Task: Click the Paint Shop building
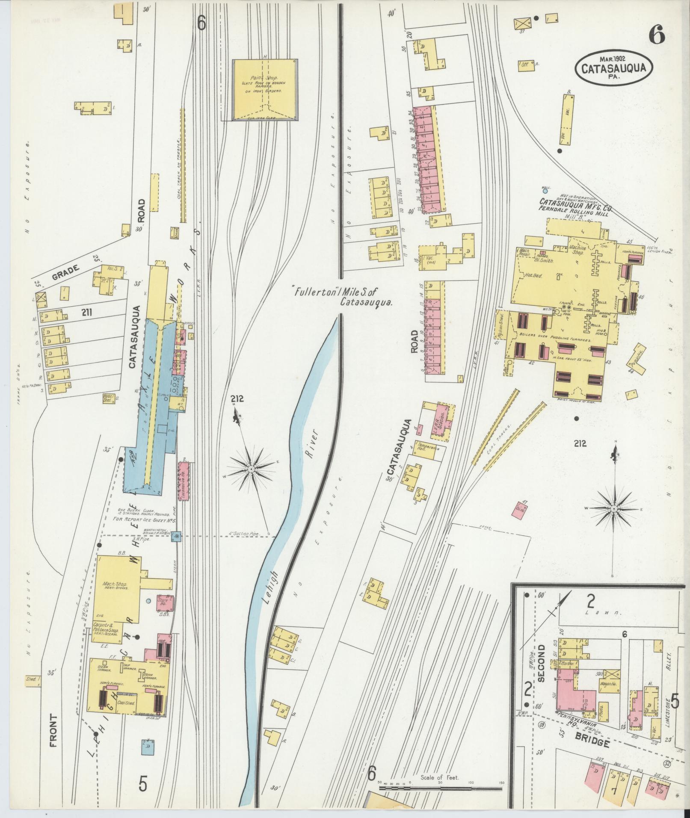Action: point(265,90)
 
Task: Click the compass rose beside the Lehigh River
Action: point(252,470)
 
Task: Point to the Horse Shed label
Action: point(108,399)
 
